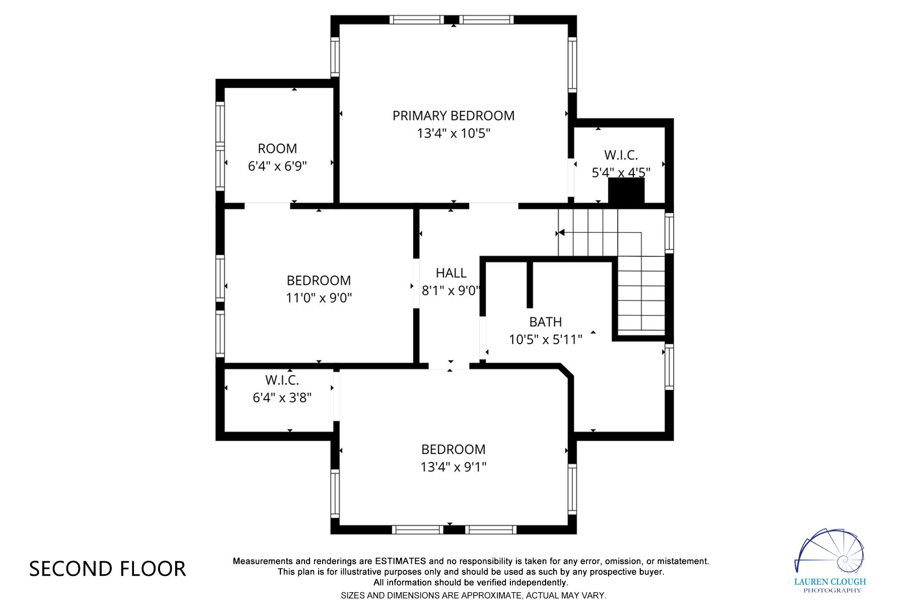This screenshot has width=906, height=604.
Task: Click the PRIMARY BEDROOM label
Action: click(453, 116)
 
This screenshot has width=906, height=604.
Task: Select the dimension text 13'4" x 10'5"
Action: click(453, 133)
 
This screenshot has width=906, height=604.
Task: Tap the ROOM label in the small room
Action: click(277, 148)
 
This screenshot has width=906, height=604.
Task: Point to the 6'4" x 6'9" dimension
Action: click(277, 166)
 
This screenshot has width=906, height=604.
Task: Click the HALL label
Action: click(451, 273)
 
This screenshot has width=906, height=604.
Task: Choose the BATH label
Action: click(545, 322)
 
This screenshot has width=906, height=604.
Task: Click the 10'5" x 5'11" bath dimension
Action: click(545, 340)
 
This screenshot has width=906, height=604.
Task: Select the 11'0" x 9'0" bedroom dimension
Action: click(319, 298)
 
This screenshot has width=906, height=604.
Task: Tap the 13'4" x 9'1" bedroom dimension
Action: click(453, 467)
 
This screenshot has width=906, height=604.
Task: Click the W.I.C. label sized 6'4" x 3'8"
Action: click(282, 380)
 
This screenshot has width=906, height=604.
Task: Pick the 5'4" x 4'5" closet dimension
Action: click(621, 173)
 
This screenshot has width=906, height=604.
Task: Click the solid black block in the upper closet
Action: click(626, 191)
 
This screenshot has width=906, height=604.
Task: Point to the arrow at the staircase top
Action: click(560, 233)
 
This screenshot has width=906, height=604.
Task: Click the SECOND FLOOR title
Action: click(107, 569)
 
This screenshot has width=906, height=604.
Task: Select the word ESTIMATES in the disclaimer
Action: click(400, 561)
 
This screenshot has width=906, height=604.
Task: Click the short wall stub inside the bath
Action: click(530, 284)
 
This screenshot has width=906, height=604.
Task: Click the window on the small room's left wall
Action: click(220, 146)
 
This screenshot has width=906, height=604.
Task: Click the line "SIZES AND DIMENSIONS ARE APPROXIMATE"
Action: click(473, 595)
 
